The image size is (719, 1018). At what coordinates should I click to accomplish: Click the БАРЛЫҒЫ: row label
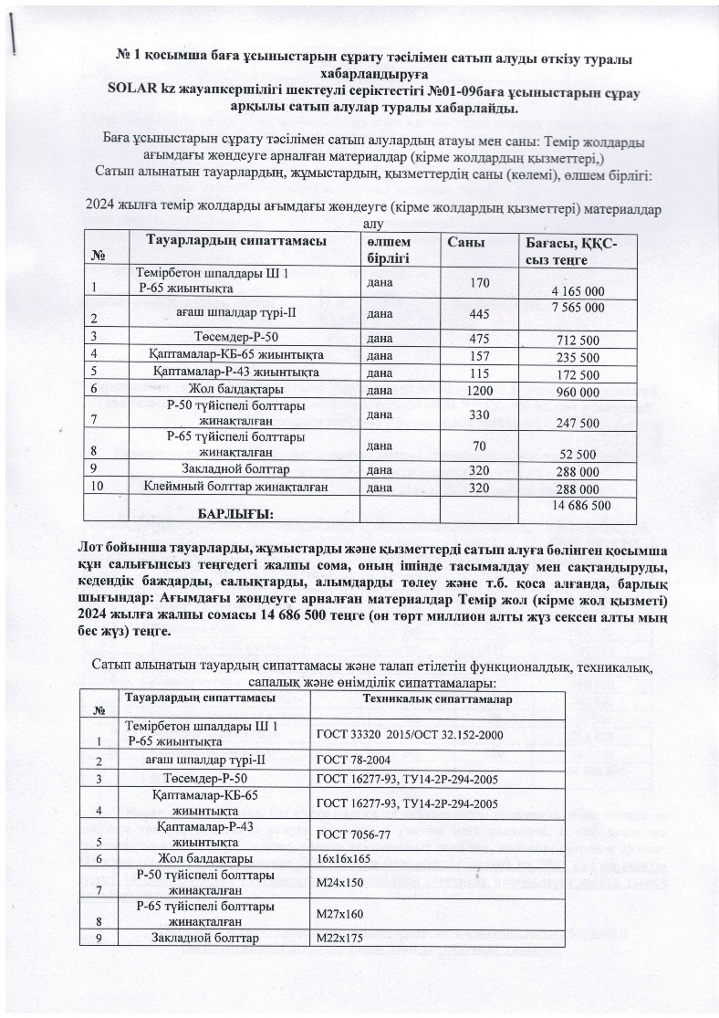[x=235, y=514]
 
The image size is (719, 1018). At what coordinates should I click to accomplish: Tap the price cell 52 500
[x=578, y=454]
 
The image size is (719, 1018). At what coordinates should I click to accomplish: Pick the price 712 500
[x=578, y=341]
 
